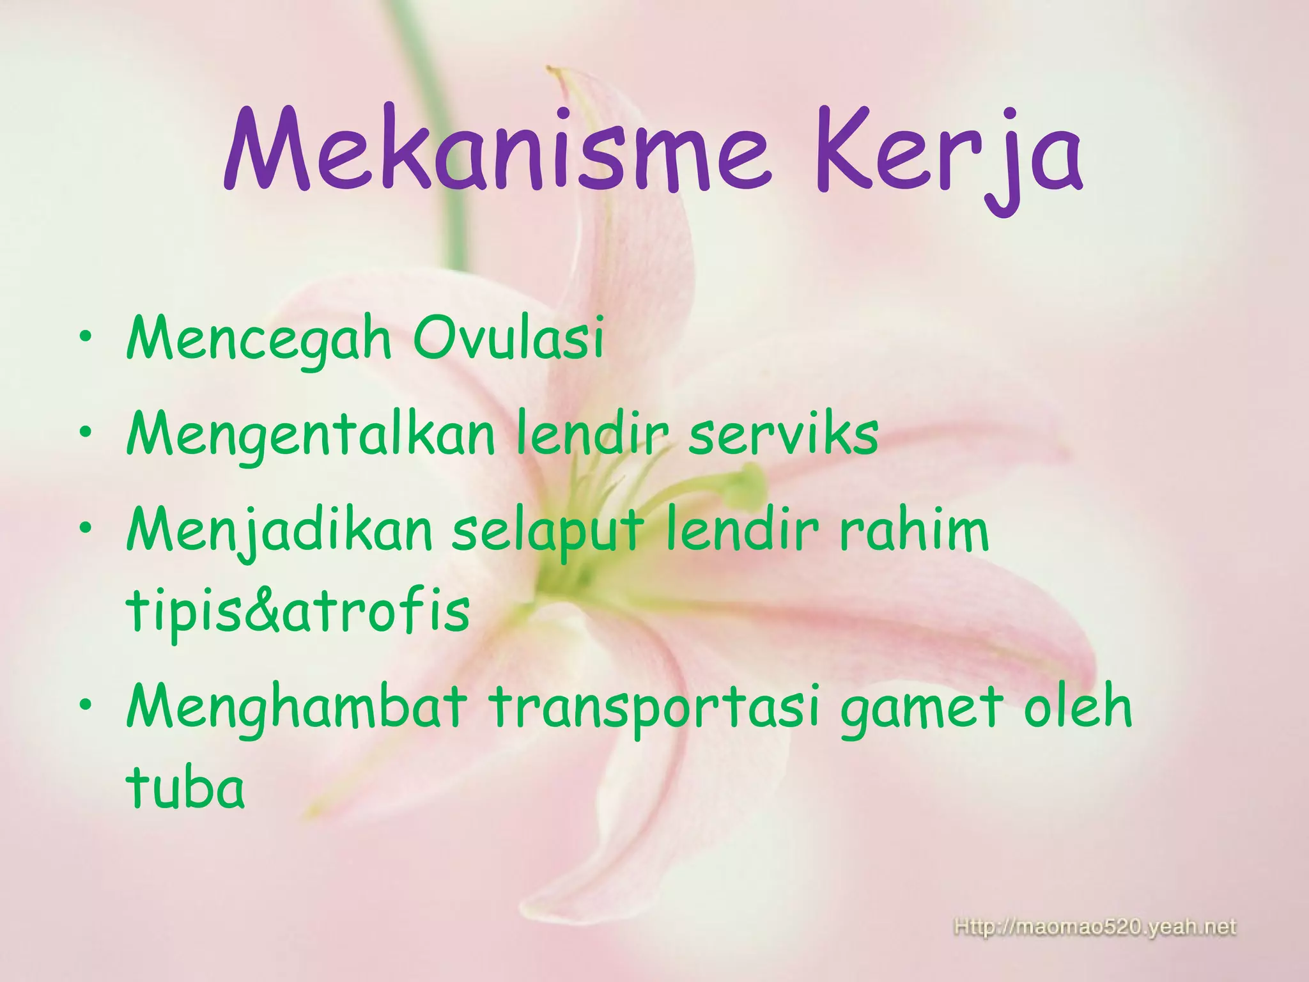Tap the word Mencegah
coord(258,340)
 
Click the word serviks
coord(783,435)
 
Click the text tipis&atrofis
coord(298,611)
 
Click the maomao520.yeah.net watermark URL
coord(1095,927)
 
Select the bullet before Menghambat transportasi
coord(86,705)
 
